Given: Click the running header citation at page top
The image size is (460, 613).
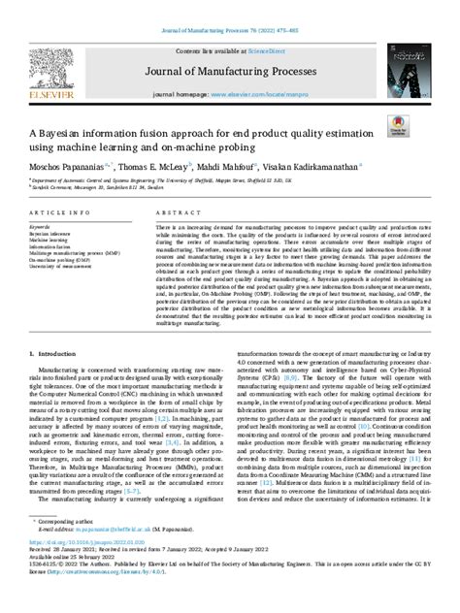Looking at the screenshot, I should [229, 11].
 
